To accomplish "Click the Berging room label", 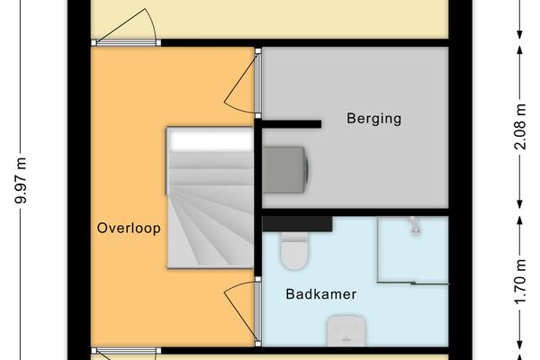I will [x=373, y=118].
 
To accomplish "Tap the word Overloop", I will [x=129, y=229].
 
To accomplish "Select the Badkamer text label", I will [x=321, y=294].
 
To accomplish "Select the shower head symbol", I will [x=414, y=225].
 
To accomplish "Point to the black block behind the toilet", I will [x=297, y=222].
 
